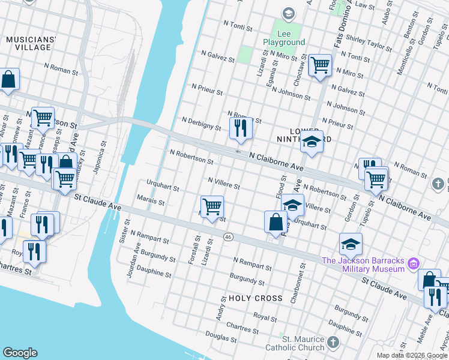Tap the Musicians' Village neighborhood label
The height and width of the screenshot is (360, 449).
coord(31,44)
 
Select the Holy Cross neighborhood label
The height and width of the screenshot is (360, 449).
coord(255,298)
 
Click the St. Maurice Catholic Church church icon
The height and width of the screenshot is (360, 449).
coord(333,343)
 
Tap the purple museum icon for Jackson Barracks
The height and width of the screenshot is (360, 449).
coord(413,264)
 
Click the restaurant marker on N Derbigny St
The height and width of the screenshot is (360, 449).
coord(238,128)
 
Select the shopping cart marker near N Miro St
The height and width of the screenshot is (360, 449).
coord(320,65)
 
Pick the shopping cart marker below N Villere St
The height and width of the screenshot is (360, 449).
coord(212,206)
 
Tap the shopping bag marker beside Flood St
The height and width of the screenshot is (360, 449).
coord(276,221)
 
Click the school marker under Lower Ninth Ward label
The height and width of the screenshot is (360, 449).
coord(312,142)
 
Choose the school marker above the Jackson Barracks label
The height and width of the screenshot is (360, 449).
coord(351,244)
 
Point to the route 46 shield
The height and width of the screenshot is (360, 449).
coord(228,238)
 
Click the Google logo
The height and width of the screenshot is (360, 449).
coord(20,353)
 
